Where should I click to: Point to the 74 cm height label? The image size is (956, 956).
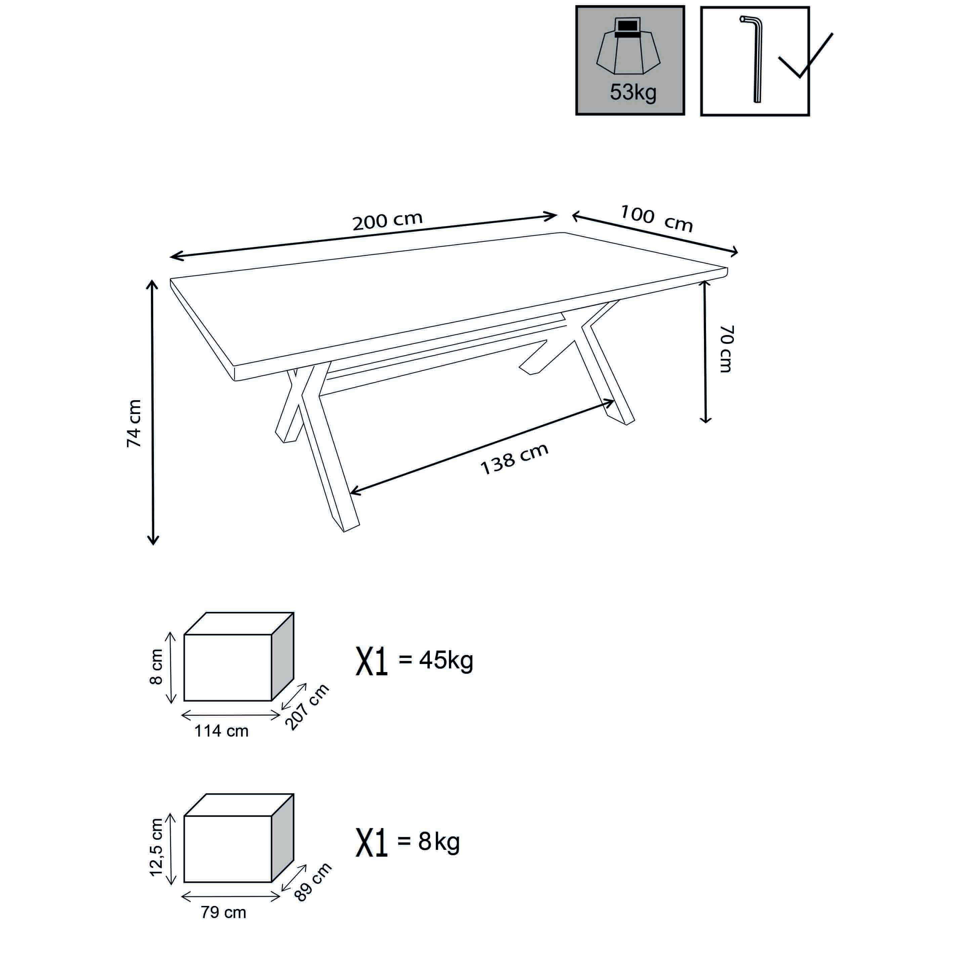coord(134,424)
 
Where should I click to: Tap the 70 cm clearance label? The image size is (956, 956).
coord(726,348)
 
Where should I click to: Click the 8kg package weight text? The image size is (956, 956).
coord(439,842)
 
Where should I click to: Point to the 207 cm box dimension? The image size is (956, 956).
coord(307,707)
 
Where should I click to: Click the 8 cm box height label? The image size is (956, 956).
coord(156,667)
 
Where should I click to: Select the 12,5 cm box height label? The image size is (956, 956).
coord(156,847)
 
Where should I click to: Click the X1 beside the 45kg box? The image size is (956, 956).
coord(372,662)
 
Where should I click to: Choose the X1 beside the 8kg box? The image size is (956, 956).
coord(372,843)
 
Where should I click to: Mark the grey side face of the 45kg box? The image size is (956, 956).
coord(283,657)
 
